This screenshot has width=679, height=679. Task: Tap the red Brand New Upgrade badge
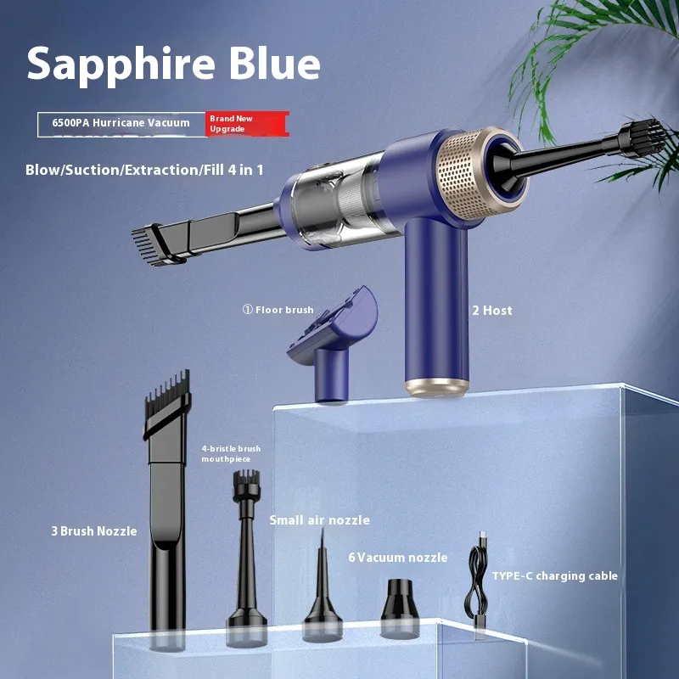click(247, 124)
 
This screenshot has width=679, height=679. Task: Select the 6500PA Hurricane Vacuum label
click(121, 122)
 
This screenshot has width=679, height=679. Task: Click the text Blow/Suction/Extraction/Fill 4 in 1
click(144, 170)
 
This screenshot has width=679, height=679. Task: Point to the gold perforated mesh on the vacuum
click(463, 174)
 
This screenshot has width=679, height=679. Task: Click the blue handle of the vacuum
click(436, 299)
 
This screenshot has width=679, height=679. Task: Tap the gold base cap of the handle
click(437, 387)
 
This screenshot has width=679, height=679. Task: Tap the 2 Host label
click(492, 310)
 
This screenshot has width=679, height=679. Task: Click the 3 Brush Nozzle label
click(94, 531)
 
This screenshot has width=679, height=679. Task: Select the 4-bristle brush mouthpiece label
click(231, 454)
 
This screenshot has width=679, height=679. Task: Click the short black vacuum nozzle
click(400, 608)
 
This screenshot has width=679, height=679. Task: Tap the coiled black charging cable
click(478, 585)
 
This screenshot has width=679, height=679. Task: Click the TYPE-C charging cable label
click(555, 576)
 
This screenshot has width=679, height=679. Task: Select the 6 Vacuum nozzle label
click(398, 558)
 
